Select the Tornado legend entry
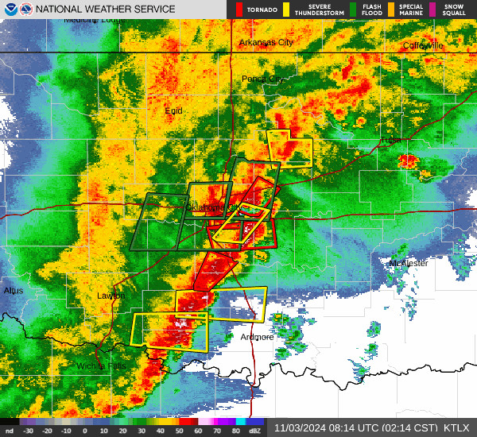coord(256,10)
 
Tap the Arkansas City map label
coord(266,42)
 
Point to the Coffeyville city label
coord(422,45)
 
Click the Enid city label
coord(173,110)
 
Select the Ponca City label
coord(262,79)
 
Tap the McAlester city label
coord(409,263)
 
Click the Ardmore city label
coord(257,337)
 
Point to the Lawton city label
coord(111,296)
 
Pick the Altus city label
coord(14,291)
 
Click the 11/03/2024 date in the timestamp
coord(299,427)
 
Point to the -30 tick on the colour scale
coord(29,431)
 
